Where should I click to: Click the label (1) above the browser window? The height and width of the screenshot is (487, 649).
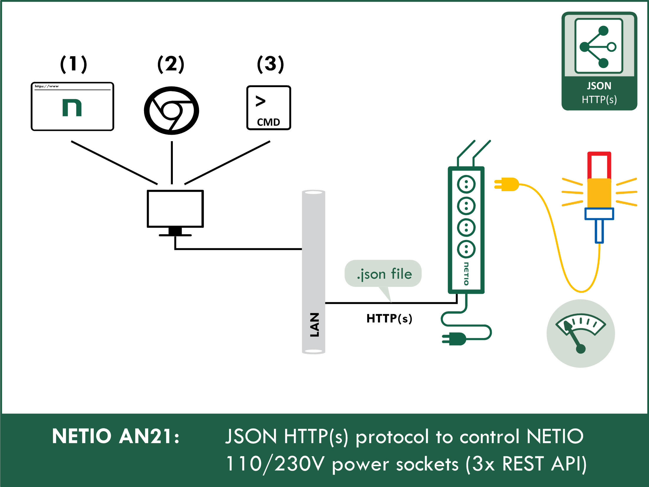(73, 64)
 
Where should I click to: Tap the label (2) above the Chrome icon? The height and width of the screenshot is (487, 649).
(171, 64)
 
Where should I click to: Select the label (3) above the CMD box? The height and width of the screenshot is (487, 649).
(270, 64)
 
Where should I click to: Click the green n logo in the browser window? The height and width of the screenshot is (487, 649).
(72, 108)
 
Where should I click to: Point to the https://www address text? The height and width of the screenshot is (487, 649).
(47, 86)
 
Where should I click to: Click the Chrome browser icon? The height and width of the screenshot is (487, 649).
(171, 111)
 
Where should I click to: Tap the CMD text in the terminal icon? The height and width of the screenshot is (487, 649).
(268, 122)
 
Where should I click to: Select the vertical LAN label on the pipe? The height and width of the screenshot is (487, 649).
(314, 325)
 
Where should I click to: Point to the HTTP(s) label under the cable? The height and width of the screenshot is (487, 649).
(389, 318)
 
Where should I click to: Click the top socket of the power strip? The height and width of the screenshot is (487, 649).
(466, 184)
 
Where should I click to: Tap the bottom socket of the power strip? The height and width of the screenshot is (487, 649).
(466, 249)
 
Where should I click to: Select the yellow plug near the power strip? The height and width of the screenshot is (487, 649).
(508, 184)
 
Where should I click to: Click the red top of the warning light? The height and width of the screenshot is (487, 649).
(599, 165)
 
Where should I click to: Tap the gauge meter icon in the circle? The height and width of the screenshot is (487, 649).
(581, 333)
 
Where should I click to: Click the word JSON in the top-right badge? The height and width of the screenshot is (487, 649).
(599, 86)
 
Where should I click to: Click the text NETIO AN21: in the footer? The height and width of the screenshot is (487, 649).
(116, 436)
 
